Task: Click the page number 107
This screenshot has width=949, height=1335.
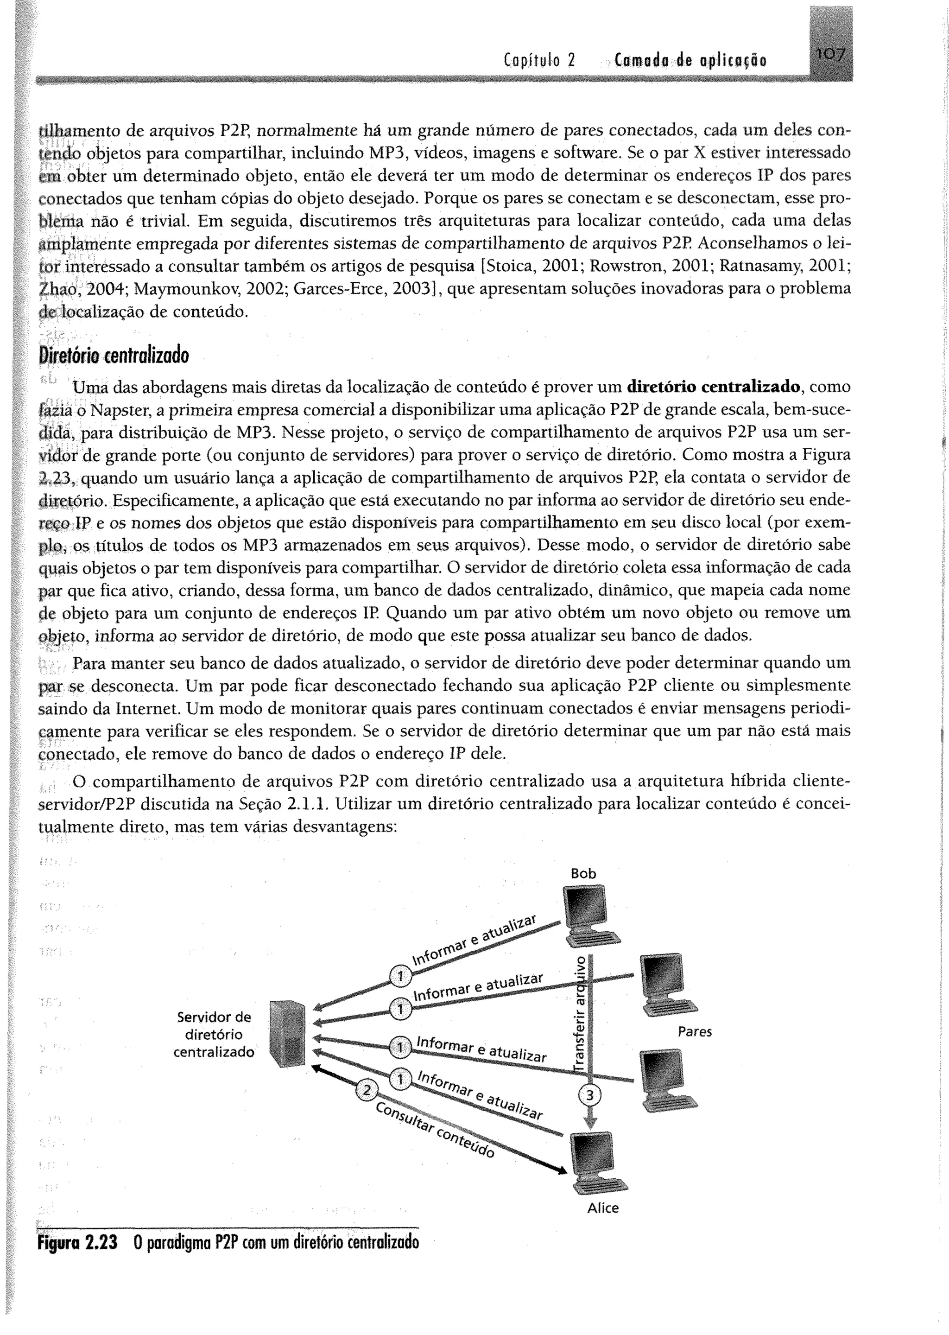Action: click(830, 56)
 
